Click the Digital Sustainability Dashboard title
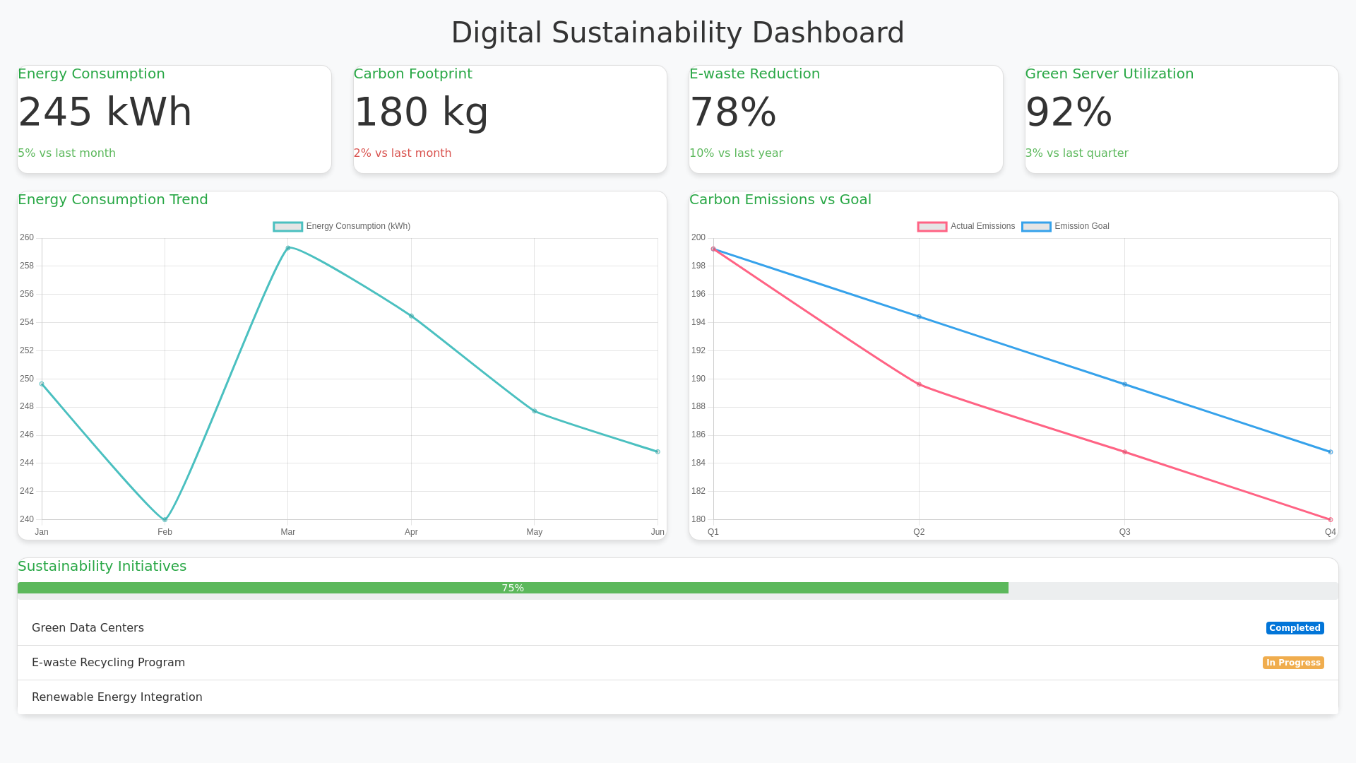[x=677, y=33]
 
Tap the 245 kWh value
[x=105, y=112]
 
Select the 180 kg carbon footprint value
[x=421, y=112]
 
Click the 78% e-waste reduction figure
[x=733, y=112]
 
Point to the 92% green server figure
[x=1069, y=112]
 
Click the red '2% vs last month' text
[x=403, y=153]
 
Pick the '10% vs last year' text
[x=736, y=153]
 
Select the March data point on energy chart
[x=288, y=248]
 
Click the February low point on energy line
[x=165, y=520]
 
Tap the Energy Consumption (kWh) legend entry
[x=342, y=227]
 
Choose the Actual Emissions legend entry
[x=966, y=227]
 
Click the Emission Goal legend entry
[x=1066, y=227]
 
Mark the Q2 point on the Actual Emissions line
[x=919, y=385]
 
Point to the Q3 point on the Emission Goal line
[x=1125, y=385]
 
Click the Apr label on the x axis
[x=411, y=532]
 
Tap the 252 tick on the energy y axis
[x=27, y=350]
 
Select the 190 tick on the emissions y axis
[x=698, y=379]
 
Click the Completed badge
[x=1295, y=628]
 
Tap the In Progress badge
[x=1293, y=663]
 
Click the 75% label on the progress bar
[x=513, y=588]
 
